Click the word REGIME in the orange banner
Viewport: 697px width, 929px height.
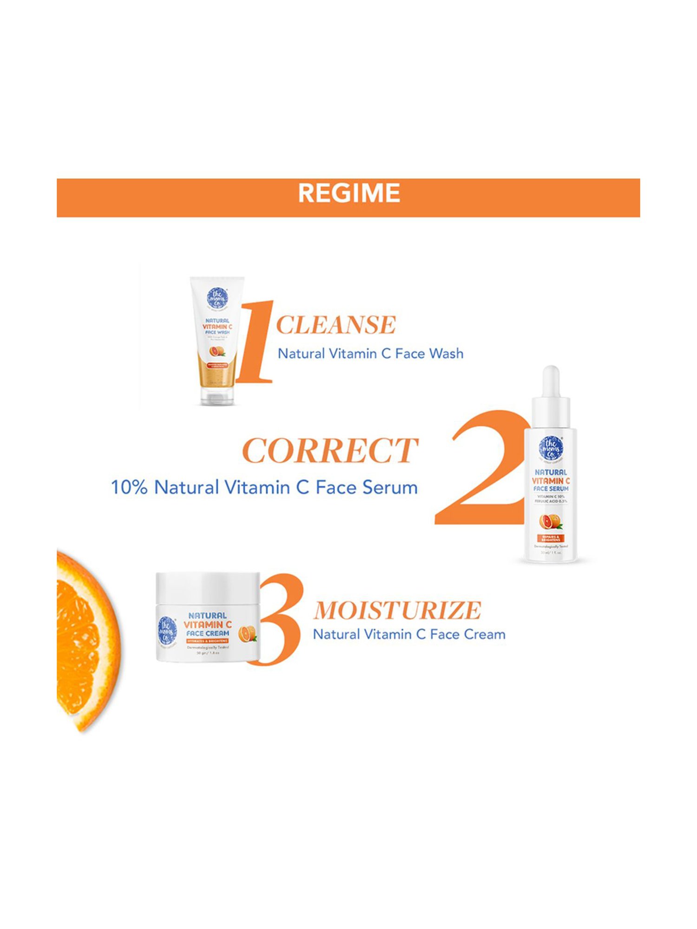[348, 193]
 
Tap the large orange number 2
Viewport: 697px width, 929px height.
[483, 469]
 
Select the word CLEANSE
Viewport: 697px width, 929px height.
[335, 325]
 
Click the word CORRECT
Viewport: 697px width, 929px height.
[330, 451]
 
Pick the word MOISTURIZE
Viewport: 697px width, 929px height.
[397, 610]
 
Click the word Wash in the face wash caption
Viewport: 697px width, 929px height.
[446, 353]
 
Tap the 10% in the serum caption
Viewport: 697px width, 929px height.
[129, 487]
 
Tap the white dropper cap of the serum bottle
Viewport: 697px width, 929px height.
[551, 395]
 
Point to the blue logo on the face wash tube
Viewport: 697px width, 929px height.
[217, 298]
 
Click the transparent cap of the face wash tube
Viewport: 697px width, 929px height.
[217, 395]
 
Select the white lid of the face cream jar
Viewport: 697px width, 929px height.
[208, 588]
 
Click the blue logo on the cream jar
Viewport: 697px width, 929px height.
[167, 630]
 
